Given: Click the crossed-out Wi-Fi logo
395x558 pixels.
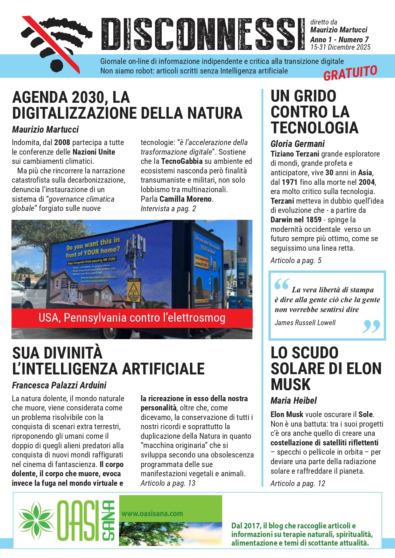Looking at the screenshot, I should (56, 43).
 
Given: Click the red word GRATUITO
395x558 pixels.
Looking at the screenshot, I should (350, 73).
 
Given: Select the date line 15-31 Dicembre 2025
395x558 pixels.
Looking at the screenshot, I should (340, 47).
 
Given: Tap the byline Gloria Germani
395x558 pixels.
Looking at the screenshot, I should (297, 144).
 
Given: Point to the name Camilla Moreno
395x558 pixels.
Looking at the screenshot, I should (186, 199).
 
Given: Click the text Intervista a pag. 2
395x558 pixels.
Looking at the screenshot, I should (168, 209).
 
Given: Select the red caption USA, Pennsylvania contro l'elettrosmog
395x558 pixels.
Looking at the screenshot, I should (132, 318).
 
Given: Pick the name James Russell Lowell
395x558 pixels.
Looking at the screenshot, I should (305, 323).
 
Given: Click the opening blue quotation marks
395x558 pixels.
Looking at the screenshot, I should (282, 284).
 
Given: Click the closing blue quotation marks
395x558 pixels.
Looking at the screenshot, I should (371, 326).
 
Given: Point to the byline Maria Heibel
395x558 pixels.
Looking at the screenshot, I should (293, 401).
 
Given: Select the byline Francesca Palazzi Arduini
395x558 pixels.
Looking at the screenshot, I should (59, 385).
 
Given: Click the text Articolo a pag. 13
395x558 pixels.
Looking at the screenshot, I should (168, 483).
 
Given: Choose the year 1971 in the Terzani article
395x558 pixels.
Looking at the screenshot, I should (290, 182).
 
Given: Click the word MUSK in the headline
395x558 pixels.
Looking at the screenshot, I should (290, 384).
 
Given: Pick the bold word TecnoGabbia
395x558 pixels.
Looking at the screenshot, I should (181, 161).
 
